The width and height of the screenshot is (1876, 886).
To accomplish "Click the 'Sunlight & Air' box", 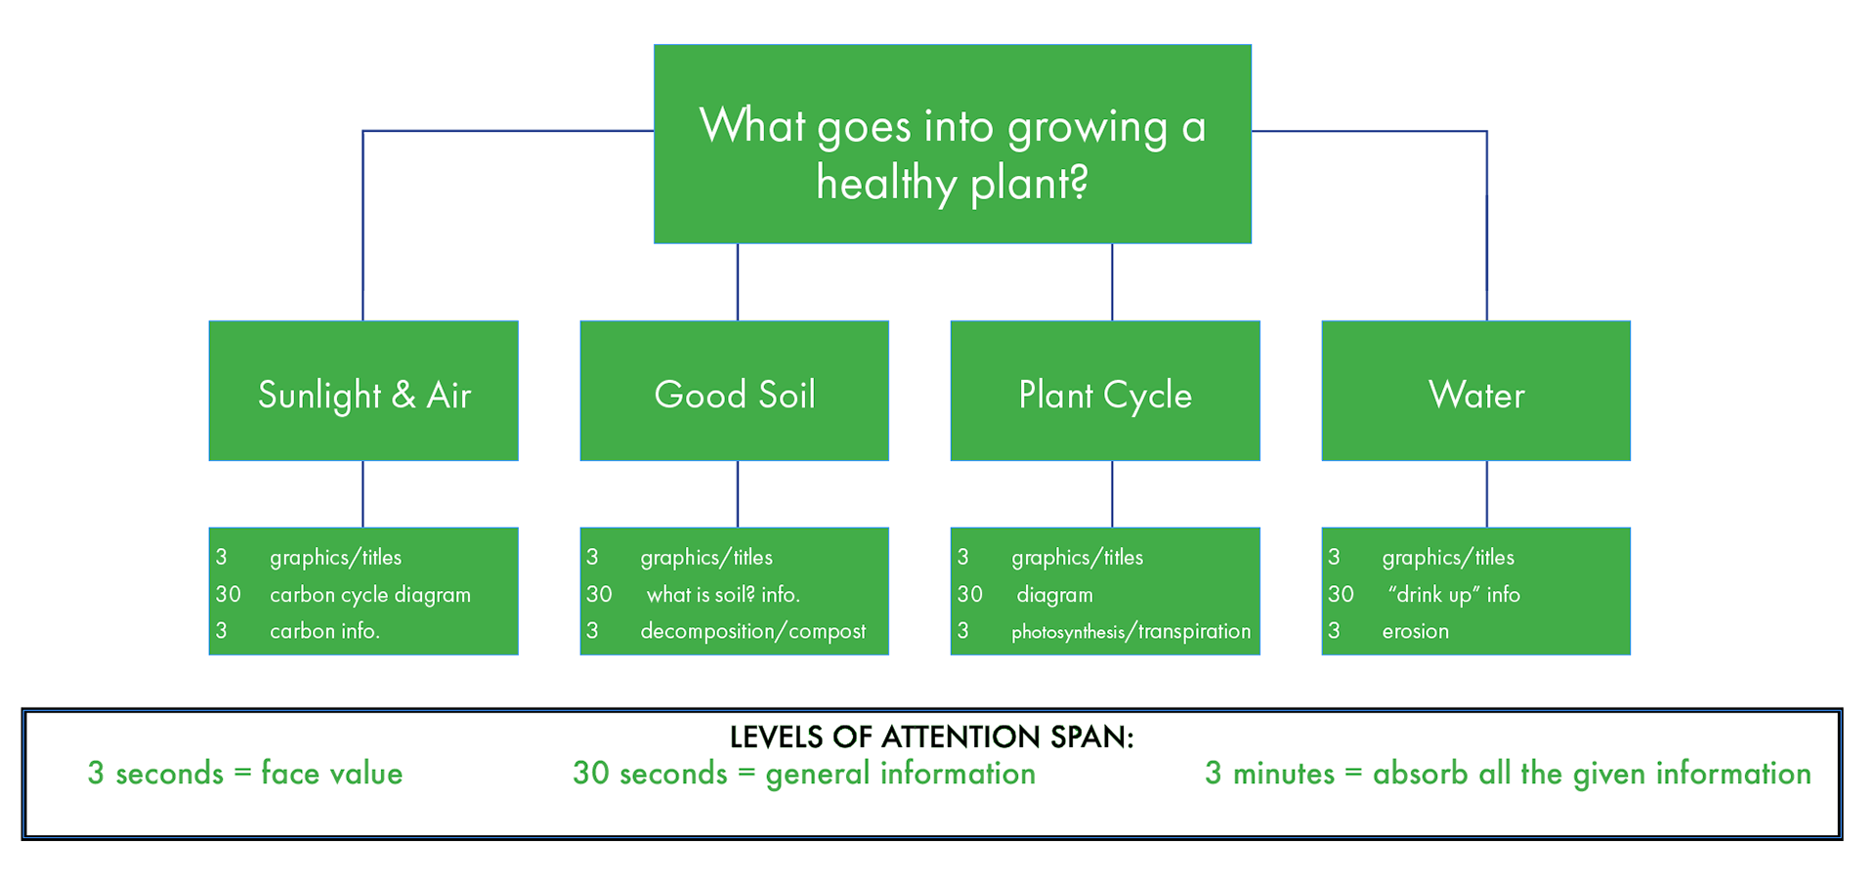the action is pos(363,391).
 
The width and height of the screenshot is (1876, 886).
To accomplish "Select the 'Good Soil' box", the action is pos(735,391).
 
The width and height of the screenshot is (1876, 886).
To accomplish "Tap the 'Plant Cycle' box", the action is pos(1105,391).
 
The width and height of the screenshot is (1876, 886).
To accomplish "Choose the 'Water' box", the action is pos(1476,391).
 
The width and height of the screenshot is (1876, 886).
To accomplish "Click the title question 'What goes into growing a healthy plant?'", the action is pos(953,154).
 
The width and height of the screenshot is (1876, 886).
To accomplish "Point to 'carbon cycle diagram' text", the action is pos(370,595).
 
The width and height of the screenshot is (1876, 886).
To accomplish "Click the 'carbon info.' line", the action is pos(324,631).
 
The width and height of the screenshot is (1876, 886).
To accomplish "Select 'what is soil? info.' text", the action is pos(723,594).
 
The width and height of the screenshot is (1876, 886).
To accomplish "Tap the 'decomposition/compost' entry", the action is pos(753,632).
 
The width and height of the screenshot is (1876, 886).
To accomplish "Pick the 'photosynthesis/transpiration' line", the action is pos(1131,632).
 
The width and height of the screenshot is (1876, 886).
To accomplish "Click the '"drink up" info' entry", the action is pos(1454,594).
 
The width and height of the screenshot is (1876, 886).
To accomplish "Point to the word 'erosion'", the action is pos(1416,631).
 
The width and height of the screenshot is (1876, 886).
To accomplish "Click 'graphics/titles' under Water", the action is pos(1448,557).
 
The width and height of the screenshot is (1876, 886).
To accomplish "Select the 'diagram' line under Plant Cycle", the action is pos(1054,595).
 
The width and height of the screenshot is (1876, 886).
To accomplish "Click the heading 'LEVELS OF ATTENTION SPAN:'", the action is pos(932,737).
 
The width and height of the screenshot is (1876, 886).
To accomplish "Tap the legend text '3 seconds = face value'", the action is pos(245,774).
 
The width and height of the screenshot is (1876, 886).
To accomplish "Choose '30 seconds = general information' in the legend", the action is pos(804,774).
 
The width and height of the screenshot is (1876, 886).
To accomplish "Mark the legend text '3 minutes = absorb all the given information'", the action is pos(1509,774).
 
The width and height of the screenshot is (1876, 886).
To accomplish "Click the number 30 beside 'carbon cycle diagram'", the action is pos(229,594).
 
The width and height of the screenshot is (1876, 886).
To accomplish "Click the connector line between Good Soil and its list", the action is pos(738,494).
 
